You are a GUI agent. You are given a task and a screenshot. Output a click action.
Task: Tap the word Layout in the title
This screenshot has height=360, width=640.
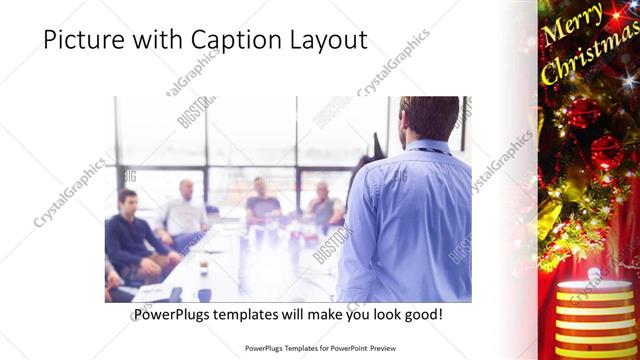click(x=327, y=40)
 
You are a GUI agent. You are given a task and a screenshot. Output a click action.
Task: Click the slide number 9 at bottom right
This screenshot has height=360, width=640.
click(x=589, y=347)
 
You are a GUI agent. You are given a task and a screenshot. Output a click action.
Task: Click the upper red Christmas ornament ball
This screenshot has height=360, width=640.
click(x=582, y=112)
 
